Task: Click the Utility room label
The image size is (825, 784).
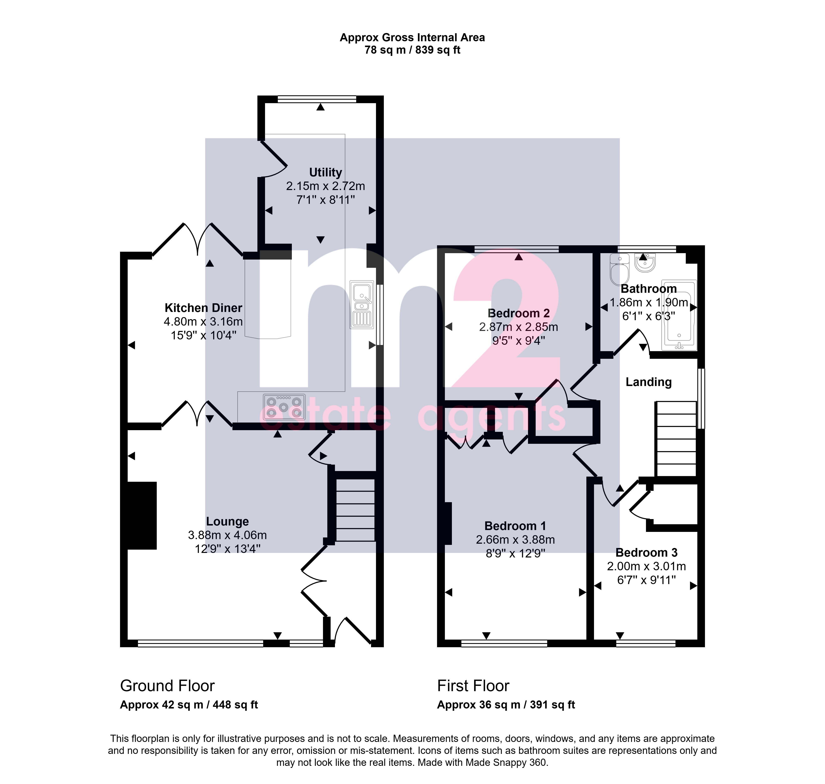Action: (325, 172)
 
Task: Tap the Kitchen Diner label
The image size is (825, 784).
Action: (203, 308)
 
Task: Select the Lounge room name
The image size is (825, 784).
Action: (227, 522)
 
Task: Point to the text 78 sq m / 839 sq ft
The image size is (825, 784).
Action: (412, 50)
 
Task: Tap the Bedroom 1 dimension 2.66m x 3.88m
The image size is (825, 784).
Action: (515, 540)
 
